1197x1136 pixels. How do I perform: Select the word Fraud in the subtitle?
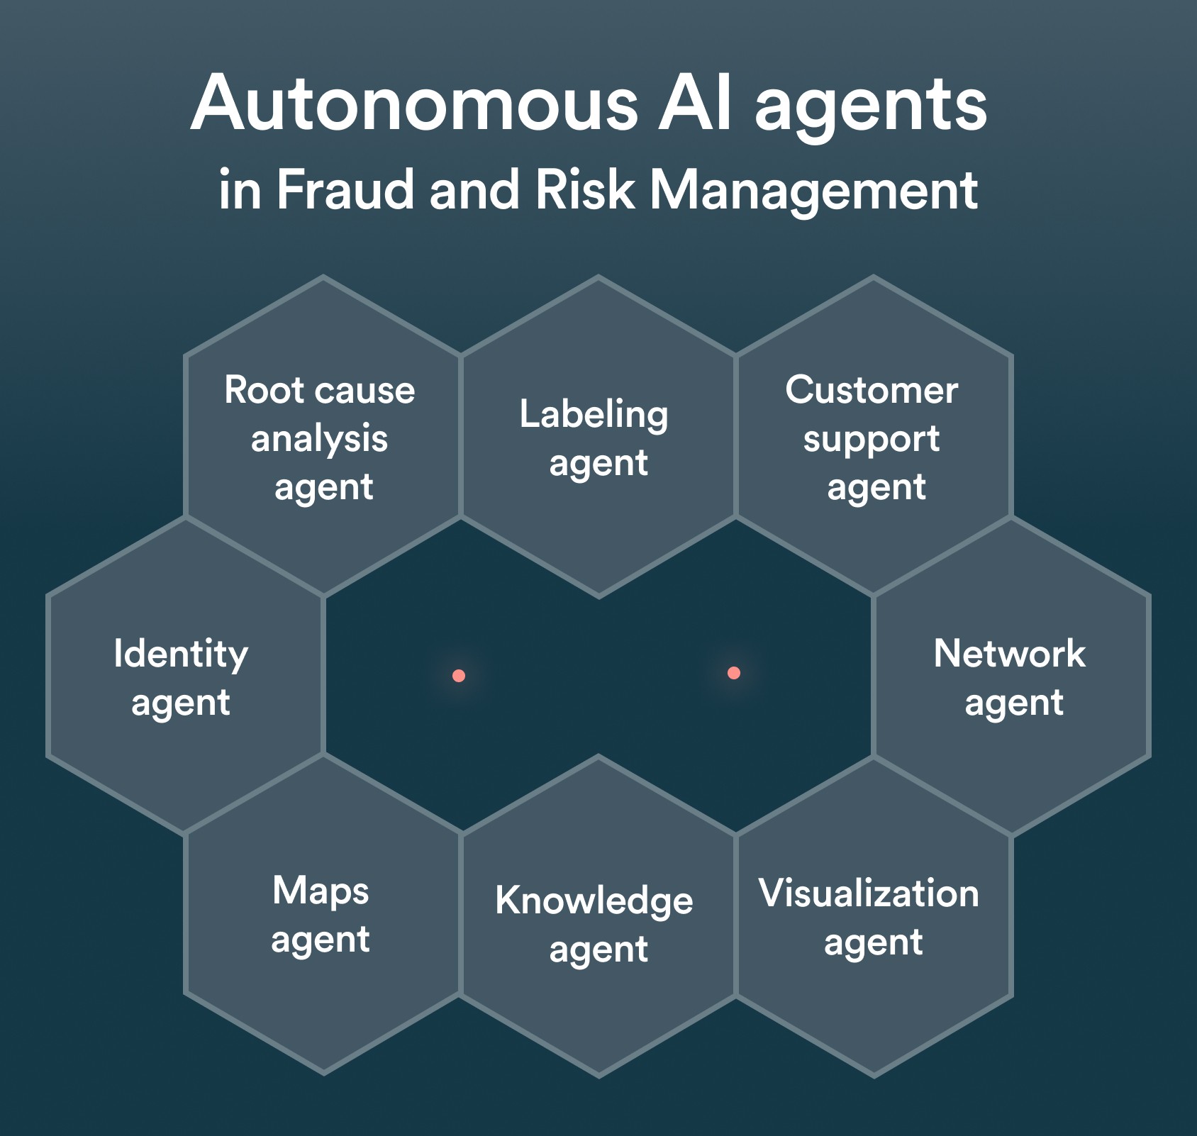coord(345,190)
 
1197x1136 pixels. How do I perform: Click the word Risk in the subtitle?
coord(585,190)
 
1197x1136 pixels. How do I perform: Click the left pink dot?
coord(459,676)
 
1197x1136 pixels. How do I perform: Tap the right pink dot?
coord(734,673)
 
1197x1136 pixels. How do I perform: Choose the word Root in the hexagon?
coord(260,390)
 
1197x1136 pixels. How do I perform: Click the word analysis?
coord(319,440)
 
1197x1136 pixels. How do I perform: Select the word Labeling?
coord(594,415)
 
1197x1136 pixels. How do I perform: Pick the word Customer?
coord(872,390)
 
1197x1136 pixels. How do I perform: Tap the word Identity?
coord(181,655)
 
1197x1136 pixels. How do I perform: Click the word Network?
coord(1009,653)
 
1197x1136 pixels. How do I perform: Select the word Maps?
coord(321,891)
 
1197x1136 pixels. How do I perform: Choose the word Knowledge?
coord(594,902)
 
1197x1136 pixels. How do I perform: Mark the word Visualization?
coord(869,893)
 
